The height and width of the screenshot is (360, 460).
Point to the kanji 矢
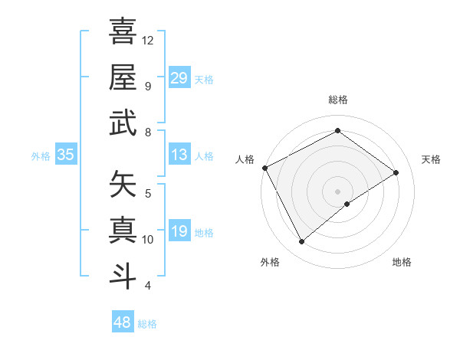click(123, 184)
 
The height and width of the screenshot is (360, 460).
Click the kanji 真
click(123, 230)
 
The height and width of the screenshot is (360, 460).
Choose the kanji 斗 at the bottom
click(123, 275)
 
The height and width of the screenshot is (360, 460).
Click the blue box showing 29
click(179, 77)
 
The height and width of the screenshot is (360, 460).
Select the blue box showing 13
click(179, 155)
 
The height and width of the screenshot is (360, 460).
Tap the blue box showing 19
click(179, 231)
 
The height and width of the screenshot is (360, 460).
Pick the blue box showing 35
click(65, 155)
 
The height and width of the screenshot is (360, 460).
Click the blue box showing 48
click(123, 322)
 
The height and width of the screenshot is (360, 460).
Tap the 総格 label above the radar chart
click(338, 100)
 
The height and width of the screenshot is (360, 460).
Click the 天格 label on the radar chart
click(432, 159)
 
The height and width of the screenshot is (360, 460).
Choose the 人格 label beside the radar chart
click(245, 159)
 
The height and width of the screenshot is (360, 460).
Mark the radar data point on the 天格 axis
click(396, 172)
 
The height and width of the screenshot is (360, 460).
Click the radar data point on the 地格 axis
click(347, 204)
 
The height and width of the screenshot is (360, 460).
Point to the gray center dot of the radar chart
click(338, 191)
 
